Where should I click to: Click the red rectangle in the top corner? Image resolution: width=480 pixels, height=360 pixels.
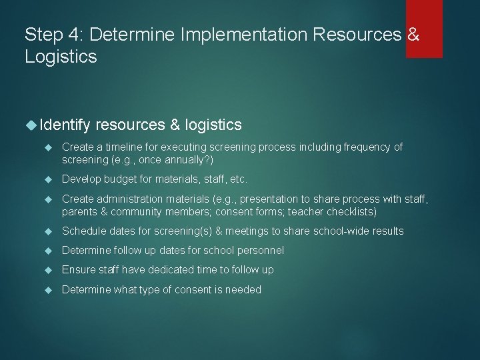tap(424, 29)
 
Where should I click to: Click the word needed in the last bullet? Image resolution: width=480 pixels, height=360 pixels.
tap(244, 289)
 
